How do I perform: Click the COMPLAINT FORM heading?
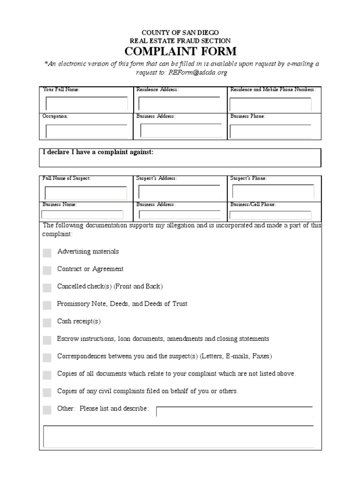pos(180,51)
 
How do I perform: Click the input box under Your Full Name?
pos(86,104)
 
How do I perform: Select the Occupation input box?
pos(86,131)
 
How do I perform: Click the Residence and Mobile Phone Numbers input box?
pos(270,104)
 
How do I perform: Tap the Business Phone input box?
pos(270,131)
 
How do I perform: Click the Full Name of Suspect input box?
pos(86,193)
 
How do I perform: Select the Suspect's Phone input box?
pos(273,191)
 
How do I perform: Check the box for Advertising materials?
pos(47,253)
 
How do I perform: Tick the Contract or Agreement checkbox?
pos(47,270)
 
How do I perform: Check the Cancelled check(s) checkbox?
pos(47,287)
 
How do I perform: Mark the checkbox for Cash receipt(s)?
pos(47,322)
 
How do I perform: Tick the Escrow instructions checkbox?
pos(47,340)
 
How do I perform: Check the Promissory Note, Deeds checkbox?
pos(47,305)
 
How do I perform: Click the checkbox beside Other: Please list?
pos(47,410)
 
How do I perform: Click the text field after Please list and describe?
pos(234,412)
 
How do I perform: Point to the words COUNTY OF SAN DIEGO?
pos(180,32)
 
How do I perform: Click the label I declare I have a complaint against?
pos(98,152)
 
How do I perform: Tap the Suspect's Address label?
pos(157,178)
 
